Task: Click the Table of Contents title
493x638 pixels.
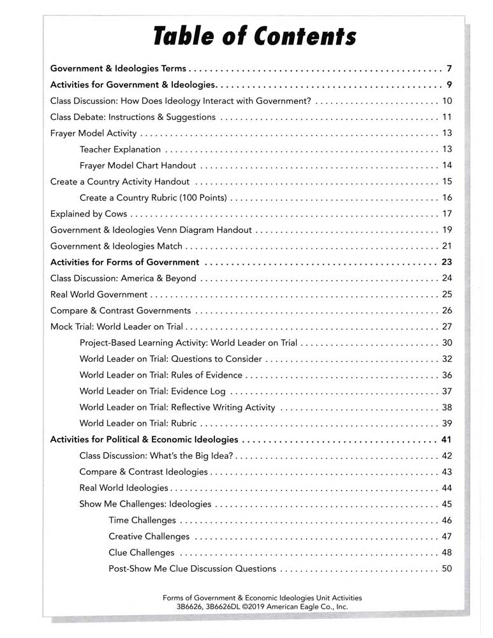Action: [254, 36]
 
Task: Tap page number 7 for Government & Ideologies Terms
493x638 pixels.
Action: [449, 68]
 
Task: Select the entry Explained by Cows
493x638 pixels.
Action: [89, 213]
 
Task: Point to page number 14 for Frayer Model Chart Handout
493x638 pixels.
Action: [446, 165]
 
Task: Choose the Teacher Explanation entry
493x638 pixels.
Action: [120, 149]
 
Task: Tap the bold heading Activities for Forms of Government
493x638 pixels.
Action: [124, 262]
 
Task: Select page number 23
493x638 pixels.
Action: [446, 262]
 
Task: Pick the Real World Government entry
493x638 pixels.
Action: [99, 295]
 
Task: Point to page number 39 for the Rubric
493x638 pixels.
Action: [446, 423]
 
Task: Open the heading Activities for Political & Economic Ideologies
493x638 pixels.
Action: [144, 440]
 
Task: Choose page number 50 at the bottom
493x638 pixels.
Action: [446, 568]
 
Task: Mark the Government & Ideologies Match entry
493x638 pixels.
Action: [116, 246]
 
